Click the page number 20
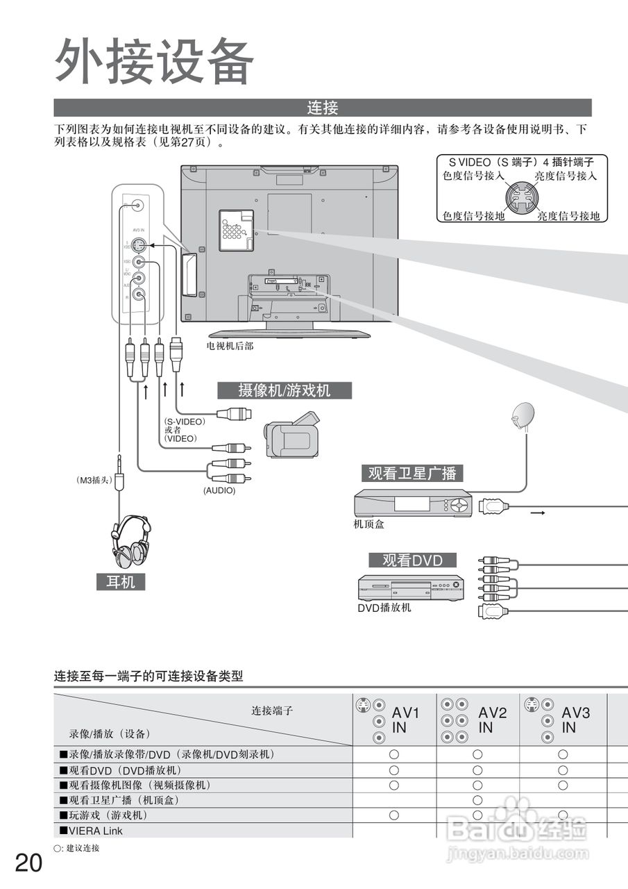28,863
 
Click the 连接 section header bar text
323,108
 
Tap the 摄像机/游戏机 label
285,390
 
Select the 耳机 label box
121,582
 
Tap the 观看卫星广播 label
412,474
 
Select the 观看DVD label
412,560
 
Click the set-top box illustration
412,504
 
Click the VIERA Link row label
92,831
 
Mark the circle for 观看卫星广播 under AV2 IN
477,800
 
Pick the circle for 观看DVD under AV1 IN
393,770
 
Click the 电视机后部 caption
230,345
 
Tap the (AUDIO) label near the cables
219,490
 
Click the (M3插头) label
94,479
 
